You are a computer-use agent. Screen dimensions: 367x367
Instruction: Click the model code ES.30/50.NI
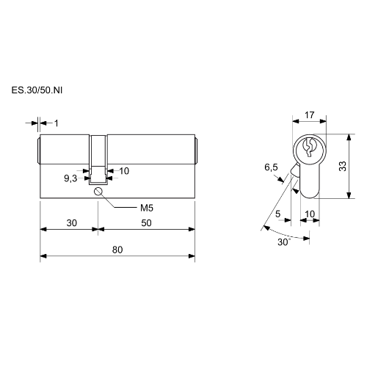click(37, 90)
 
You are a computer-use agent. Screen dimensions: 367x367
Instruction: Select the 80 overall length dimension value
click(117, 250)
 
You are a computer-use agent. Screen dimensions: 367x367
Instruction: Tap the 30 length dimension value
click(72, 223)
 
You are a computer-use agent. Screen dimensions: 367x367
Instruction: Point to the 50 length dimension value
click(146, 223)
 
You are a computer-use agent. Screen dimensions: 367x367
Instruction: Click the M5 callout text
click(147, 208)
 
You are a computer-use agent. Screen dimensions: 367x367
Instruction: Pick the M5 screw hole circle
click(98, 192)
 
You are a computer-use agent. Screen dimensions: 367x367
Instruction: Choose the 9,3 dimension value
click(70, 178)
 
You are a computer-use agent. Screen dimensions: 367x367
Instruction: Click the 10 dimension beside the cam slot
click(124, 171)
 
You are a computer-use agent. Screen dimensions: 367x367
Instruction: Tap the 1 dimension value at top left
click(57, 123)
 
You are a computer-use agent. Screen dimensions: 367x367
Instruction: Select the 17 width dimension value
click(310, 115)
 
